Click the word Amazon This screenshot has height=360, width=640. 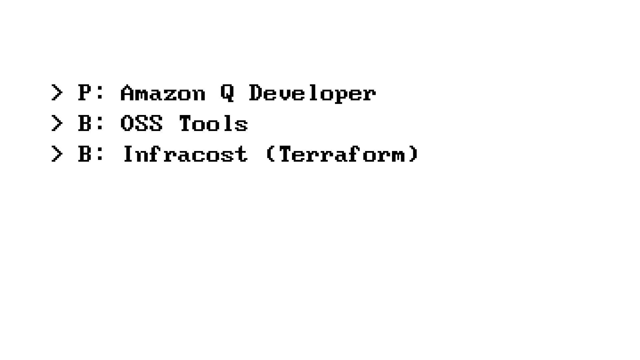click(x=163, y=93)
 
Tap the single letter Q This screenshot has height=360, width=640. click(x=227, y=93)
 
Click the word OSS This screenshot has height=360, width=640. click(x=141, y=123)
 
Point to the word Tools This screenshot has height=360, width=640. click(x=213, y=123)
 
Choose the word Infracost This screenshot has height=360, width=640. click(x=185, y=154)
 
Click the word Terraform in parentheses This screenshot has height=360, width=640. click(x=342, y=154)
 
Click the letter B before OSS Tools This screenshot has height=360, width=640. click(x=85, y=123)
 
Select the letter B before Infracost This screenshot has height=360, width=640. click(x=85, y=154)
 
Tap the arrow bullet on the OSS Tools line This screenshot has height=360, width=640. click(x=57, y=123)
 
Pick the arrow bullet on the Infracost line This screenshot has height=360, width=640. click(x=57, y=154)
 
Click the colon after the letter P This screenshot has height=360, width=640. click(x=99, y=93)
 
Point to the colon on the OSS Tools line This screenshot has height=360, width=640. click(x=99, y=124)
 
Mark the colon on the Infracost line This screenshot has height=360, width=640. click(x=99, y=155)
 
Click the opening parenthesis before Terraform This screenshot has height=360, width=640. click(x=270, y=154)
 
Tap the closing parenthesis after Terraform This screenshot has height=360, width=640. click(x=414, y=154)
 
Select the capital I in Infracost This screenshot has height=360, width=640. click(x=128, y=154)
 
